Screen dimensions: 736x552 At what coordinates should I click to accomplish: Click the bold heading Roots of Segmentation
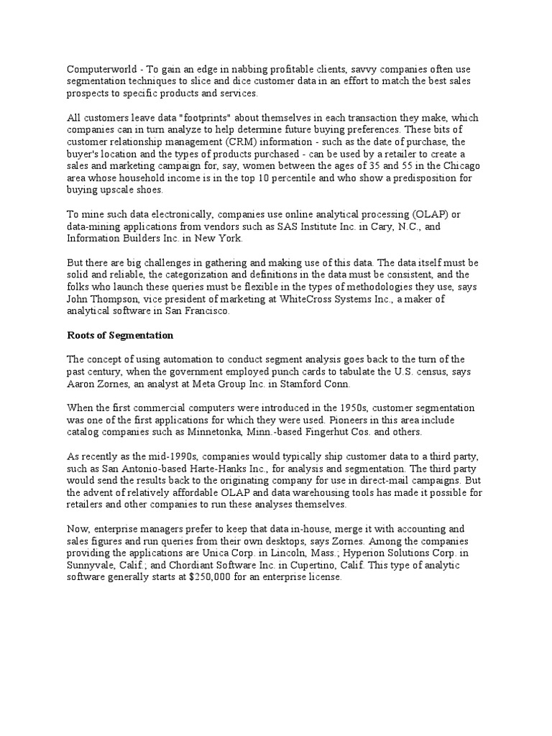pos(121,335)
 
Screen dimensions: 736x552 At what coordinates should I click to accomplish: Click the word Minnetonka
pos(231,433)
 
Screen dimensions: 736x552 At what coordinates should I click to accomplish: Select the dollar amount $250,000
pos(213,579)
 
